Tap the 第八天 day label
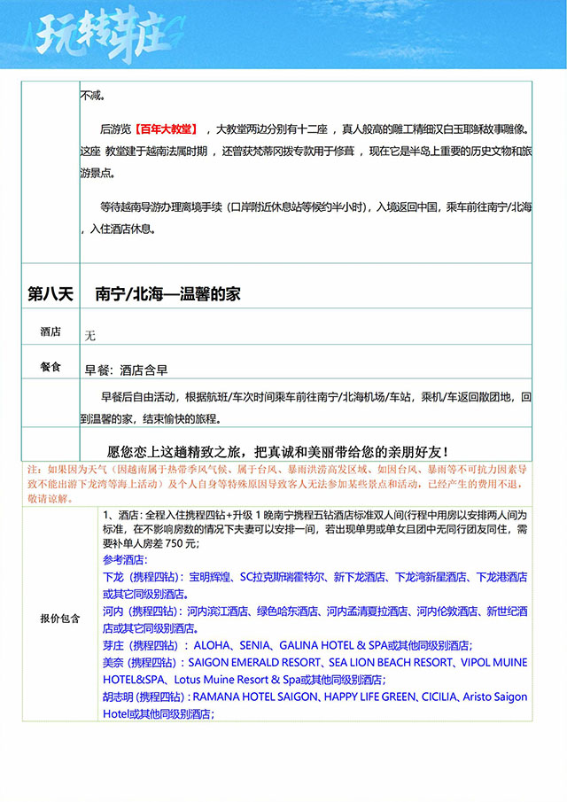tap(50, 293)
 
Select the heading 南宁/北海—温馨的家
tap(168, 293)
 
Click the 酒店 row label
tap(50, 332)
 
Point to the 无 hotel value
tap(89, 336)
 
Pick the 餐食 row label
tap(50, 366)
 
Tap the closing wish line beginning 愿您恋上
tap(277, 451)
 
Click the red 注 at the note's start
tap(34, 468)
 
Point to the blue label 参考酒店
tap(125, 560)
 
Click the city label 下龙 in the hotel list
tap(113, 577)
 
